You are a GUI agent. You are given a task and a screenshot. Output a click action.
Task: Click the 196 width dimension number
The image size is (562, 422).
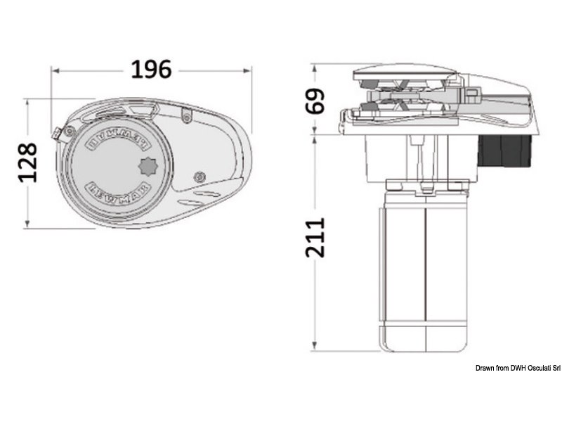[151, 69]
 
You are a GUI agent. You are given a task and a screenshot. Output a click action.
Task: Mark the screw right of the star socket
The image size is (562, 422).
[200, 176]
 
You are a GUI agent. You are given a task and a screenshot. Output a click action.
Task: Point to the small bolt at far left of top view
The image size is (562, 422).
[58, 132]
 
